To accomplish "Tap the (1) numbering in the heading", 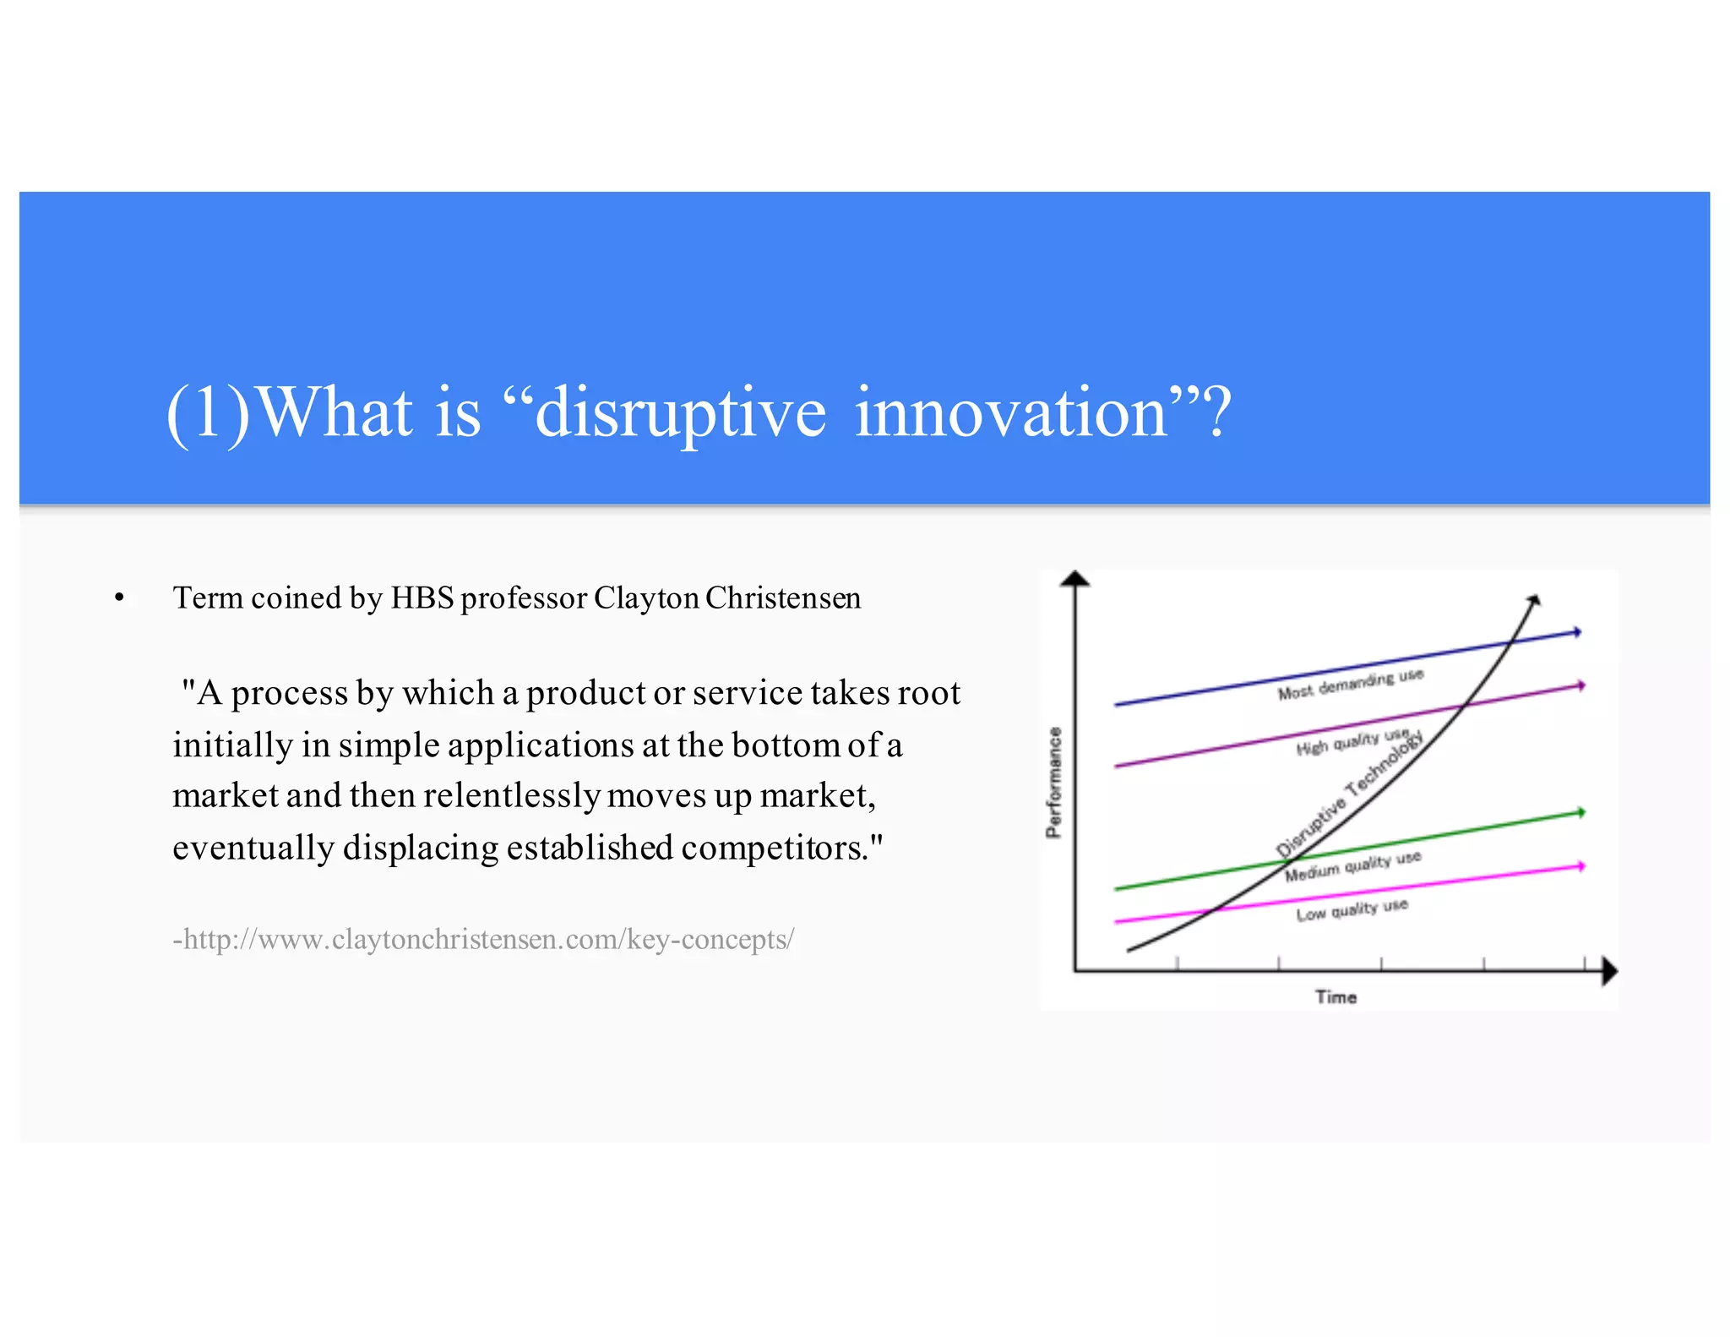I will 208,413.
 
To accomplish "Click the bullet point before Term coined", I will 119,598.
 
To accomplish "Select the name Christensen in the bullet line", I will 783,598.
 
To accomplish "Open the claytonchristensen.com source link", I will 483,939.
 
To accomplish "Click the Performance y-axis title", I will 1053,782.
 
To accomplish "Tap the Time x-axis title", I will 1336,997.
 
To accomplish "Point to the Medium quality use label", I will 1352,865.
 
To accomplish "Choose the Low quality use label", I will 1352,910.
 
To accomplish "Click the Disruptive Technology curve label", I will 1349,793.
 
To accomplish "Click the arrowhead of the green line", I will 1580,812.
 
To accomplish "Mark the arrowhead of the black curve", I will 1534,600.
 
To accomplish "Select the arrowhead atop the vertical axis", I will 1074,579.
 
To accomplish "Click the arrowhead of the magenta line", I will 1580,866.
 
